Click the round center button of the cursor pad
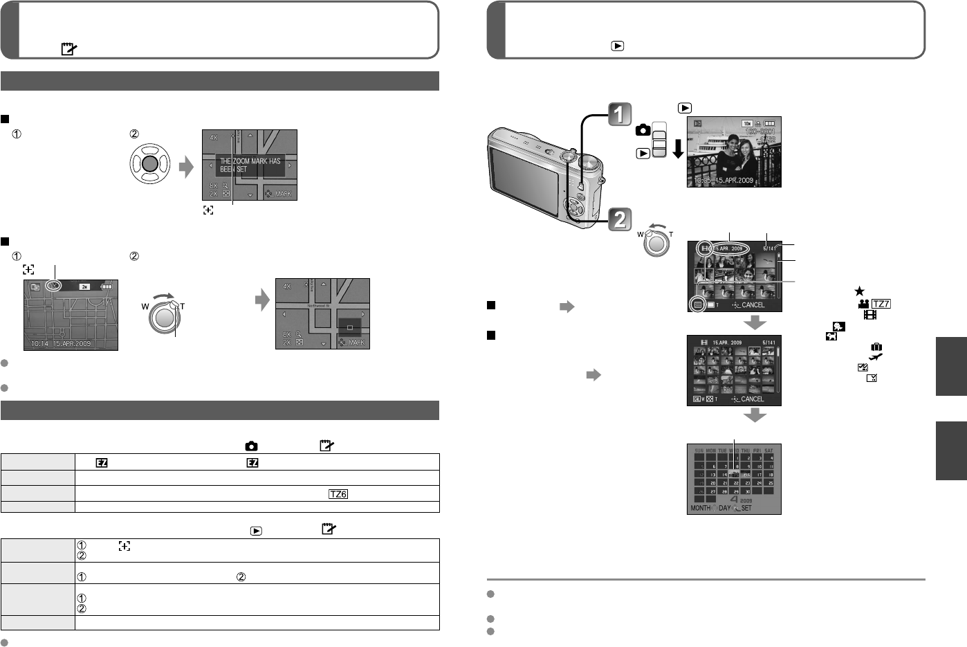[150, 165]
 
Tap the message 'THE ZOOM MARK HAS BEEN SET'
[250, 165]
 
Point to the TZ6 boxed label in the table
[338, 494]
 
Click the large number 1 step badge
[620, 115]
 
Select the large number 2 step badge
[620, 219]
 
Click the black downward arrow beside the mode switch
[677, 148]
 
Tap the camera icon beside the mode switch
[643, 130]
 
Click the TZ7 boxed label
[881, 304]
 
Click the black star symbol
[859, 292]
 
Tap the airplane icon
[876, 357]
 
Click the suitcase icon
[876, 347]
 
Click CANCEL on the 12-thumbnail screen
[752, 305]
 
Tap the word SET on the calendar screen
[746, 508]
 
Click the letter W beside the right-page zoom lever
[641, 233]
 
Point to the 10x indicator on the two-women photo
[746, 123]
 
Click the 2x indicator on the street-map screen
[84, 286]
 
